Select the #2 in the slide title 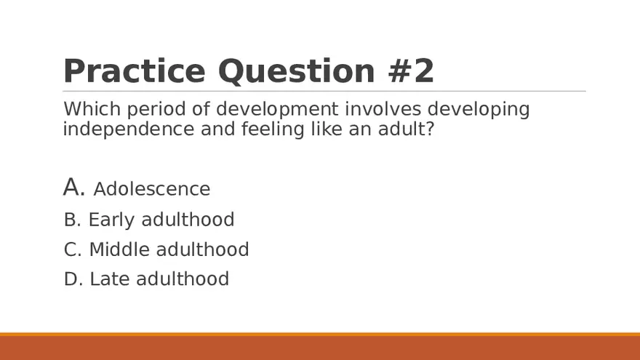coord(409,71)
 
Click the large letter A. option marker coord(74,188)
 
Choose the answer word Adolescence coord(152,189)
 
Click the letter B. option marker coord(73,220)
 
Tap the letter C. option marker coord(73,249)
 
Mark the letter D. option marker coord(73,279)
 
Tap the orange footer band coord(320,347)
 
